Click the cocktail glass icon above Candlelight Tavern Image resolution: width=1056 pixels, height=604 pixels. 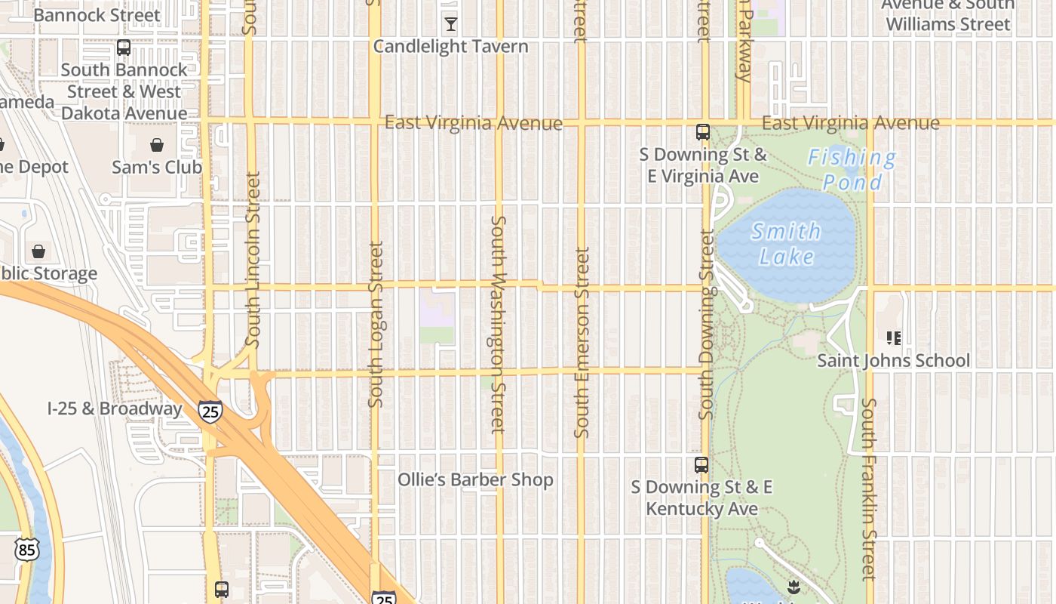click(x=450, y=24)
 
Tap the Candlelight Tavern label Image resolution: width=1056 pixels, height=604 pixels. click(x=450, y=46)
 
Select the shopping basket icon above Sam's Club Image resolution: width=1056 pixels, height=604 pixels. click(x=157, y=145)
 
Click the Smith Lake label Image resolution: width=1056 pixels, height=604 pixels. click(x=787, y=244)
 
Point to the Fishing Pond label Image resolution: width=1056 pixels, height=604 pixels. click(x=852, y=170)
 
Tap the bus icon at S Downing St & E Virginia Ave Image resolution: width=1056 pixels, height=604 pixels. click(x=702, y=132)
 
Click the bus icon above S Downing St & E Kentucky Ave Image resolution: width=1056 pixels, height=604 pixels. click(x=701, y=465)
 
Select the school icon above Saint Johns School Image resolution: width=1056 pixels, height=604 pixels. click(x=894, y=337)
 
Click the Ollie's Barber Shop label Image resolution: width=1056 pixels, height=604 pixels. click(x=475, y=480)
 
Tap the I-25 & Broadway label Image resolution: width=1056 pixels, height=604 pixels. click(x=115, y=409)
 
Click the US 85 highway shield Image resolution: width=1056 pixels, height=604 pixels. click(x=26, y=550)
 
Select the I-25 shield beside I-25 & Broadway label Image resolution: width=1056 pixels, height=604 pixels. click(x=210, y=411)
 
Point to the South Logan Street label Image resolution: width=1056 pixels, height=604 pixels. click(x=376, y=325)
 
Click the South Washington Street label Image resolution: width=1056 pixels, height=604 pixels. click(x=498, y=325)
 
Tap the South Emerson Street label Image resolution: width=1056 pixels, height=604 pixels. click(x=581, y=342)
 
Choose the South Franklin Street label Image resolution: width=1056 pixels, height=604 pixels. click(x=868, y=489)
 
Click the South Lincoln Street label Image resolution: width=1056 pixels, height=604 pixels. click(x=253, y=260)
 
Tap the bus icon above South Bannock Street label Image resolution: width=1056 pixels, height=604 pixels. click(x=124, y=48)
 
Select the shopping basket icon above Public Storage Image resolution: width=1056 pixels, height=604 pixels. click(x=38, y=251)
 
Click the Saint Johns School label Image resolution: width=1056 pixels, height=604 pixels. click(x=894, y=361)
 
